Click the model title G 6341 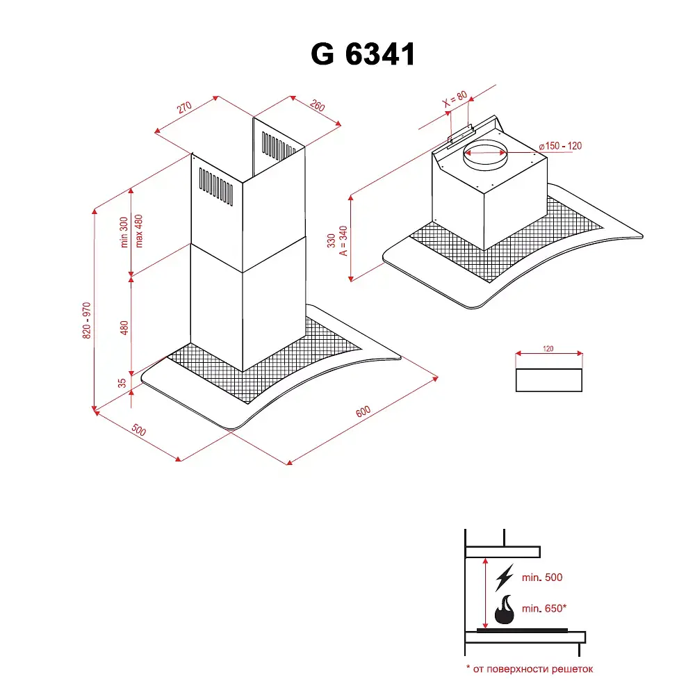(x=363, y=54)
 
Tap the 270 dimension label (x=184, y=107)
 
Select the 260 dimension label (x=318, y=106)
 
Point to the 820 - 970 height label (x=86, y=320)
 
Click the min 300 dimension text (x=124, y=232)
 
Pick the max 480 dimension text (x=139, y=231)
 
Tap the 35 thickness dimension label (x=122, y=383)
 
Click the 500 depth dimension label (x=139, y=430)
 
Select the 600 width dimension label (x=363, y=411)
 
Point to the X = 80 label (x=455, y=99)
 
